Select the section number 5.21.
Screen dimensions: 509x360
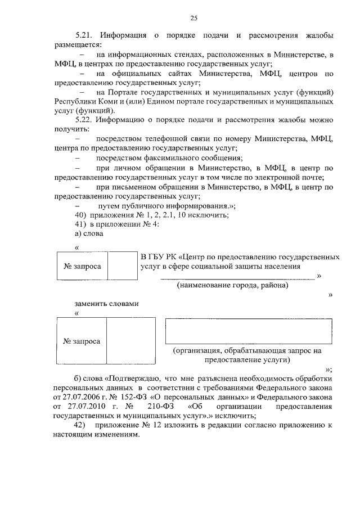[x=85, y=36]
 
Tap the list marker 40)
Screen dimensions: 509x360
[x=80, y=215]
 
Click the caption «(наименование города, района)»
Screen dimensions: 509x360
[x=232, y=285]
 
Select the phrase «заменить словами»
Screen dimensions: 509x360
[x=106, y=304]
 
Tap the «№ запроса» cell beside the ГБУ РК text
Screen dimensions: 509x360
[x=82, y=266]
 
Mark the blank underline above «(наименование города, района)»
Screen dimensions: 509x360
[x=237, y=277]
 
